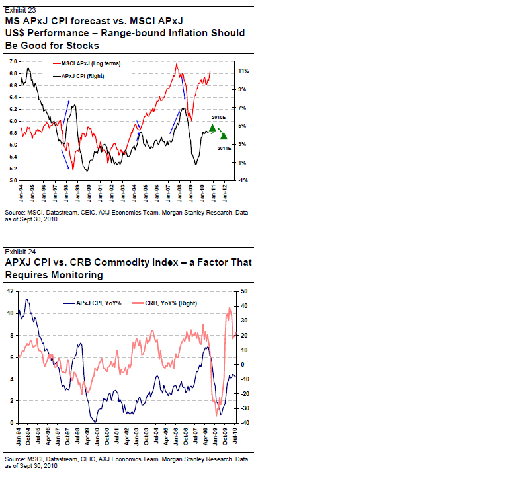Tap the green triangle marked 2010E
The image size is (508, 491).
pyautogui.click(x=212, y=128)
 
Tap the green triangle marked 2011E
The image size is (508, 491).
pyautogui.click(x=224, y=136)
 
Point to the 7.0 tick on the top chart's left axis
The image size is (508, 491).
pyautogui.click(x=12, y=61)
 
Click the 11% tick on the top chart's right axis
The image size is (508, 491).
pyautogui.click(x=243, y=70)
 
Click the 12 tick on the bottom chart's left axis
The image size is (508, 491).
pyautogui.click(x=10, y=291)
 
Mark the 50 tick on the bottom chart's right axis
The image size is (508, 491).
pyautogui.click(x=244, y=291)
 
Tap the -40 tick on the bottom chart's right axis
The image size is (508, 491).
pyautogui.click(x=244, y=423)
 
